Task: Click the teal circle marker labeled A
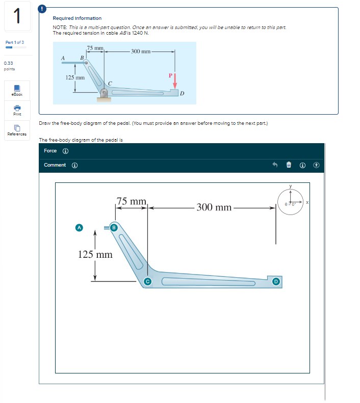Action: [79, 227]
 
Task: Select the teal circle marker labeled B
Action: [114, 227]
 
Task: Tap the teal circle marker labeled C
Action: [148, 281]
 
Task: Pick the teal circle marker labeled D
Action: [276, 281]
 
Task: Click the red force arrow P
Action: [174, 83]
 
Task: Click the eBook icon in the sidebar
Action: [17, 90]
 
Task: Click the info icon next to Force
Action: [65, 151]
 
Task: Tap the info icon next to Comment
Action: [74, 165]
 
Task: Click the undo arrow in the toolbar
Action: [275, 165]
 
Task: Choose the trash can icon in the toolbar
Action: [288, 165]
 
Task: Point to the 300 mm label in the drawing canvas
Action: [215, 207]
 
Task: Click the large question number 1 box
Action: [17, 17]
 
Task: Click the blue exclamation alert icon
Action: [43, 8]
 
